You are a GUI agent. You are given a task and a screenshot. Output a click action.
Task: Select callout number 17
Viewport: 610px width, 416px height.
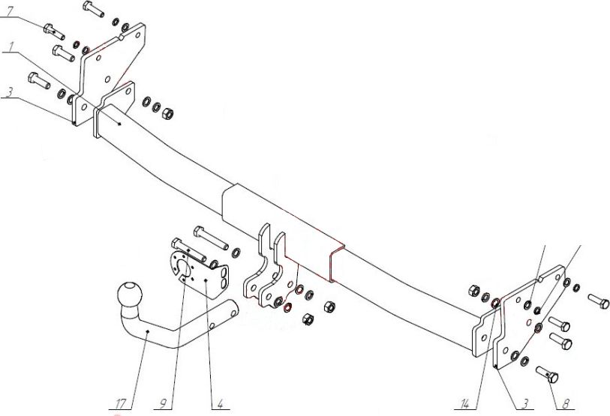point(120,404)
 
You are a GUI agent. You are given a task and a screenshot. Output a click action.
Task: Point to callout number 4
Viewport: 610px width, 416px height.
point(220,404)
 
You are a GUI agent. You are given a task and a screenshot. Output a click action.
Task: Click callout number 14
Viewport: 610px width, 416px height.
point(465,404)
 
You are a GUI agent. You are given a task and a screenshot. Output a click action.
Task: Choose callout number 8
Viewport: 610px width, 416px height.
point(566,404)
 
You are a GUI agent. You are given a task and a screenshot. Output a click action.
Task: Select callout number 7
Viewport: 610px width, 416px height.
point(10,11)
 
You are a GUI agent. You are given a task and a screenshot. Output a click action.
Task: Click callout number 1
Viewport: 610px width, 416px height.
point(11,46)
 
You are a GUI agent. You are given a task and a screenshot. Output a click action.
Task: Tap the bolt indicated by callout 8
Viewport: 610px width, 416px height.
point(547,375)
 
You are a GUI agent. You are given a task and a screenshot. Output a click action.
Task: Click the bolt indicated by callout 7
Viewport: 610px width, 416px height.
point(54,31)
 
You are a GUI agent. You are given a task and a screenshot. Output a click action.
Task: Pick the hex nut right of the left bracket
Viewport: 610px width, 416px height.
point(167,113)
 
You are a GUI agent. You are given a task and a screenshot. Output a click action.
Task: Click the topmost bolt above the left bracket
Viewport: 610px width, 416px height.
point(93,9)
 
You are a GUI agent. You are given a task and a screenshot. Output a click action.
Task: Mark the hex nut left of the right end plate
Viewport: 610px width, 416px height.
point(474,291)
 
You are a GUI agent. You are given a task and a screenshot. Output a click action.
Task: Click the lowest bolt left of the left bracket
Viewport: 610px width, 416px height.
point(39,80)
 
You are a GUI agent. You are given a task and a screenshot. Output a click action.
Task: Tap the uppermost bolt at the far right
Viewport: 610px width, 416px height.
point(598,301)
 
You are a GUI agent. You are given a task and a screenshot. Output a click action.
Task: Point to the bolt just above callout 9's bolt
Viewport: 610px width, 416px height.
point(211,238)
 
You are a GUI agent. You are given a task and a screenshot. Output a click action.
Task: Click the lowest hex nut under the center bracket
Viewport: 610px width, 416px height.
point(308,319)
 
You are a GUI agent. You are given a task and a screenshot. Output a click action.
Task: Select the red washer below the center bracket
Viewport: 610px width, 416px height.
point(287,308)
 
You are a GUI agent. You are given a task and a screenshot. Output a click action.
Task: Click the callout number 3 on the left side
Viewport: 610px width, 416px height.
point(10,91)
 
